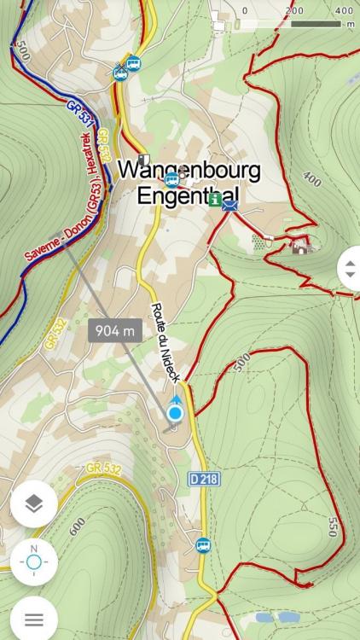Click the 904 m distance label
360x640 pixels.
click(115, 330)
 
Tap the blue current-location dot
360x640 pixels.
click(176, 414)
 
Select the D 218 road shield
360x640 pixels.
click(205, 480)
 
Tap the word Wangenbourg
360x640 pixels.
click(189, 169)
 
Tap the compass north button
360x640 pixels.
click(34, 561)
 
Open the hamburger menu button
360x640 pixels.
click(34, 619)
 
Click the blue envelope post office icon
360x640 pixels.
click(229, 205)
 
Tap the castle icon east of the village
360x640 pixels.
click(299, 247)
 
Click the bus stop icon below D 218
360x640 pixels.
click(203, 544)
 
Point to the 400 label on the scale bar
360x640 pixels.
click(344, 10)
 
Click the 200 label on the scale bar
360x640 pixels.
click(294, 10)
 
